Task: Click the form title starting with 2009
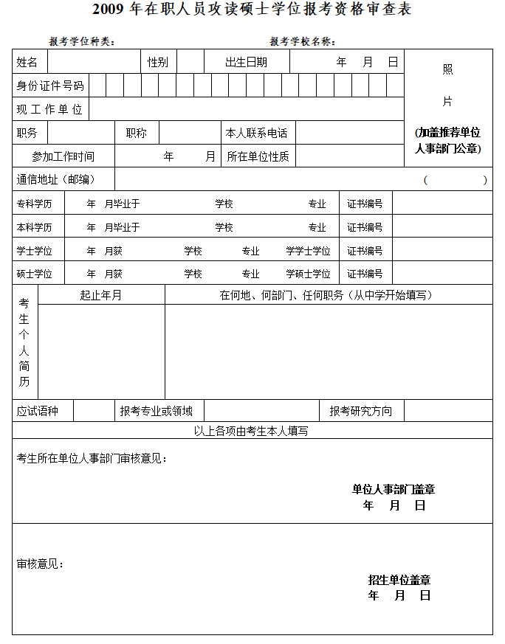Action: pyautogui.click(x=252, y=10)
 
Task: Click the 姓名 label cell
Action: pyautogui.click(x=27, y=62)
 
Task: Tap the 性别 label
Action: pyautogui.click(x=158, y=62)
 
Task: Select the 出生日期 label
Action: pyautogui.click(x=247, y=62)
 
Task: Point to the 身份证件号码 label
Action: pyautogui.click(x=50, y=86)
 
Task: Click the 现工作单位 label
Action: pyautogui.click(x=50, y=109)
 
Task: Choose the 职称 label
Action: pyautogui.click(x=137, y=133)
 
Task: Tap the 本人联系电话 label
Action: pyautogui.click(x=256, y=133)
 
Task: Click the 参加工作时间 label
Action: pyautogui.click(x=63, y=156)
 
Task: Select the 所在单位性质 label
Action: pyautogui.click(x=258, y=156)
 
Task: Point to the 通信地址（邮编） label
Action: pyautogui.click(x=56, y=179)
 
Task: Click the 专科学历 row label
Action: pyautogui.click(x=35, y=204)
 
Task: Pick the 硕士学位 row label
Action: pyautogui.click(x=35, y=274)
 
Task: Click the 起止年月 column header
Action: pyautogui.click(x=101, y=295)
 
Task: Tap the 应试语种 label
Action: pyautogui.click(x=38, y=411)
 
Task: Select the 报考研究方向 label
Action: pyautogui.click(x=361, y=411)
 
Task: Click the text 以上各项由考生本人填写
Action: pyautogui.click(x=251, y=431)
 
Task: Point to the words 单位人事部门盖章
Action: pyautogui.click(x=394, y=489)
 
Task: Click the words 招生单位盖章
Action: pyautogui.click(x=399, y=580)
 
